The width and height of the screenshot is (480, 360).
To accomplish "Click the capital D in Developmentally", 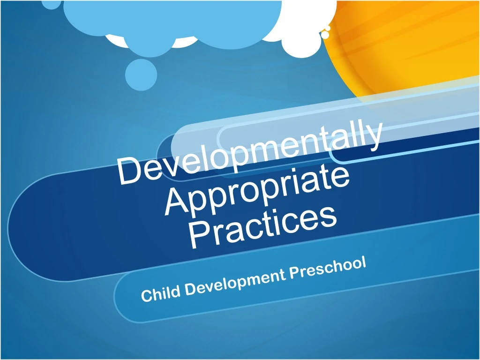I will pos(128,171).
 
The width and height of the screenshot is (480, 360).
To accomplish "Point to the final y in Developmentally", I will pos(373,136).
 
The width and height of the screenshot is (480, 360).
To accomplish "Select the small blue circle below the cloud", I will pos(141,75).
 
